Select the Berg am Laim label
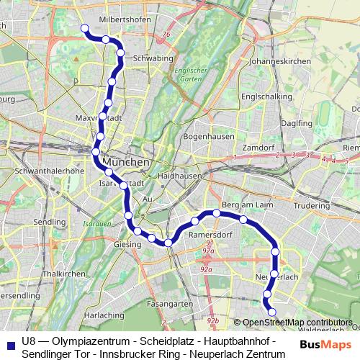coord(246,206)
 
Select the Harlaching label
coord(104,315)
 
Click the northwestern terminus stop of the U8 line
coord(84,28)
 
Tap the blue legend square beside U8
coord(10,342)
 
